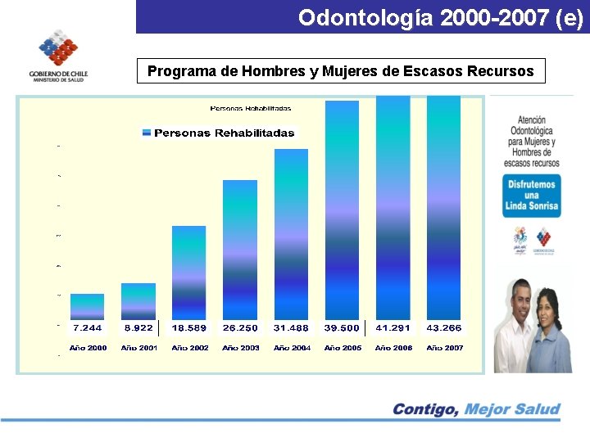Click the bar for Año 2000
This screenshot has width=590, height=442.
(87, 306)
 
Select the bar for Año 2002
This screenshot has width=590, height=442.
(188, 273)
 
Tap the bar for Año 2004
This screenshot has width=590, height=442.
(291, 234)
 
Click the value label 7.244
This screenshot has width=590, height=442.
(87, 327)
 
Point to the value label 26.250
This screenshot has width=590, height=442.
(240, 327)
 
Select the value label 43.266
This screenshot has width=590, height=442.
(443, 327)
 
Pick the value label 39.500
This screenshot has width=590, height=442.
(342, 327)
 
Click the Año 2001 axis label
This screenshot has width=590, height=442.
(138, 348)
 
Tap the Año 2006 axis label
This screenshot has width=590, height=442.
(393, 348)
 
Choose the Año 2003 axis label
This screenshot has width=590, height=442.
(240, 348)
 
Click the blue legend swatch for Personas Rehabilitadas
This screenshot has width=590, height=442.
(147, 133)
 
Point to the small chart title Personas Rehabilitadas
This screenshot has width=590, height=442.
(251, 108)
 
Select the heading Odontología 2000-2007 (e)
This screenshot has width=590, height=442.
(440, 17)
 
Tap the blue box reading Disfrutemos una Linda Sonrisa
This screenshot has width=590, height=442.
(532, 195)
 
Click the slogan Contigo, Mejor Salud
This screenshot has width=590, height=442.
(475, 408)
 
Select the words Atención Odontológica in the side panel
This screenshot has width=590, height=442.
(531, 125)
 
